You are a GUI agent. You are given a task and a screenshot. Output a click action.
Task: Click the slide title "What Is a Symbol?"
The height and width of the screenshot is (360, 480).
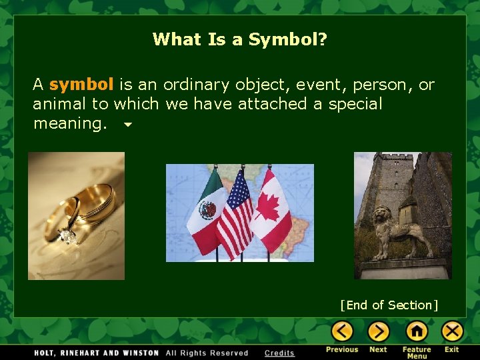239,39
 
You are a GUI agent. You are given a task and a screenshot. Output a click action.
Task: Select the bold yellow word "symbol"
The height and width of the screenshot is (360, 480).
81,85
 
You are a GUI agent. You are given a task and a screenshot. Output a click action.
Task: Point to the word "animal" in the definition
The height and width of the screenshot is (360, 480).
61,104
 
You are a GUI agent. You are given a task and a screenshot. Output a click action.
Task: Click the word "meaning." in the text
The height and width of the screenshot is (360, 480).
70,123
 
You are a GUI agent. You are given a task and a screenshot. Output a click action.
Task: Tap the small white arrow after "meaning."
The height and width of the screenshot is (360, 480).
127,125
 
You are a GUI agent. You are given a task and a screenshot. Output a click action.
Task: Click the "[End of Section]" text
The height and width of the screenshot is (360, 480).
389,305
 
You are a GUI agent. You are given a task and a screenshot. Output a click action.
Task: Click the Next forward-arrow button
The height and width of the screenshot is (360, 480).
378,331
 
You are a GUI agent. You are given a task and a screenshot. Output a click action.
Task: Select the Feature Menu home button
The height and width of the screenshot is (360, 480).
417,331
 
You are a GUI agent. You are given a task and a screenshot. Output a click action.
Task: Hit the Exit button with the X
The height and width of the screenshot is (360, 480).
452,331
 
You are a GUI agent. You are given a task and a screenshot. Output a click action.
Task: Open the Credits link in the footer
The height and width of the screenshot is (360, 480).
279,353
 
